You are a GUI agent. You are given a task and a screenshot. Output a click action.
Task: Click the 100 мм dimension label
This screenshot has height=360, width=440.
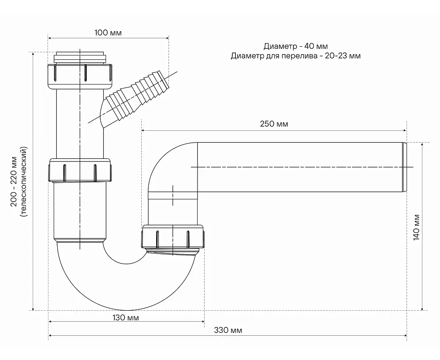[x=108, y=33]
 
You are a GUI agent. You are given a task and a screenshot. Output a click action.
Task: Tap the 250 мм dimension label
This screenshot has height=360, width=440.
[x=274, y=124]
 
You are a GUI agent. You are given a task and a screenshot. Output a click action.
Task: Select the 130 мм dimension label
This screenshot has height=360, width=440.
[x=125, y=318]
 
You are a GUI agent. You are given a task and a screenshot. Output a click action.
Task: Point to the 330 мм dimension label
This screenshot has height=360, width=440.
[x=228, y=330]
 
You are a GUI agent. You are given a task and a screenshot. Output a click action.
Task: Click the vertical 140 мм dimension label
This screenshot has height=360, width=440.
[x=416, y=227]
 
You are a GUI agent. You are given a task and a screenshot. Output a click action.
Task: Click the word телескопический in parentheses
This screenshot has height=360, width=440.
[x=24, y=182]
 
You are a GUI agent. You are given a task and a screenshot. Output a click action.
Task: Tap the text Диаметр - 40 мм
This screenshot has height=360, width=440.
[x=296, y=46]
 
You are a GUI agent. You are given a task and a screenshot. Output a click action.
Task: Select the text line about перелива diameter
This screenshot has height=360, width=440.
[x=296, y=56]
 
